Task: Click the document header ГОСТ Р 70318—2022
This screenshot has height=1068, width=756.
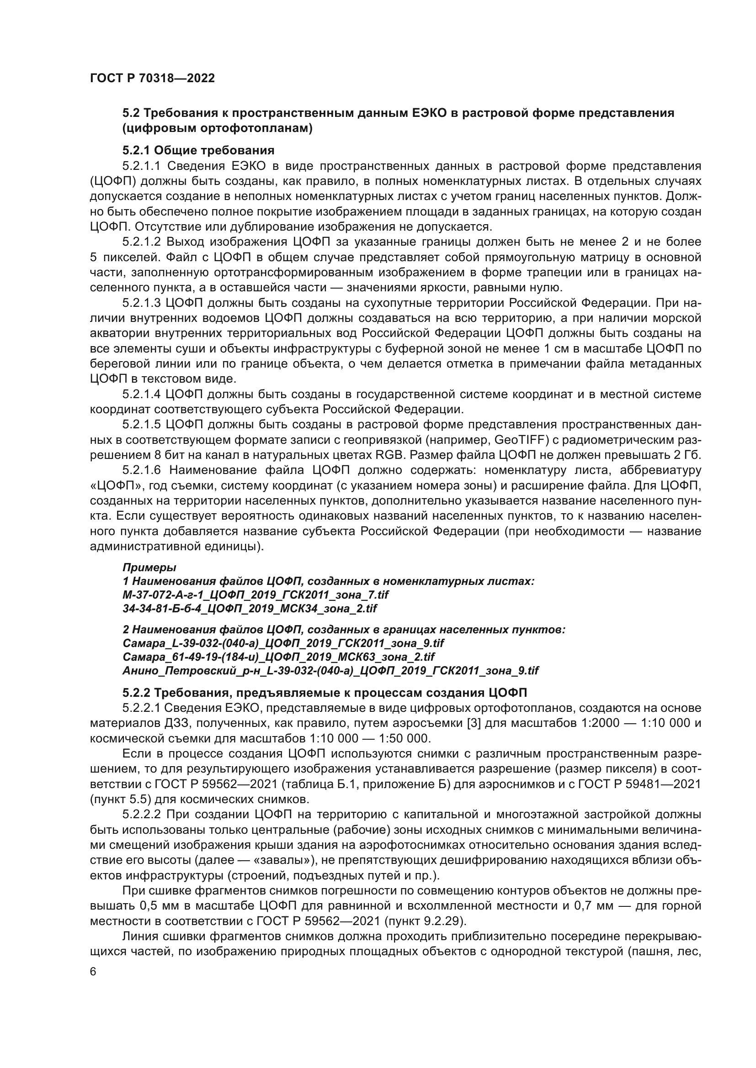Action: [152, 79]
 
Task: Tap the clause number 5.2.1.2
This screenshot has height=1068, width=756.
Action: [142, 242]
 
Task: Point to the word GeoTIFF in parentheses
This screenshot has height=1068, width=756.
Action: [516, 440]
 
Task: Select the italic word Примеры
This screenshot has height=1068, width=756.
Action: [149, 568]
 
